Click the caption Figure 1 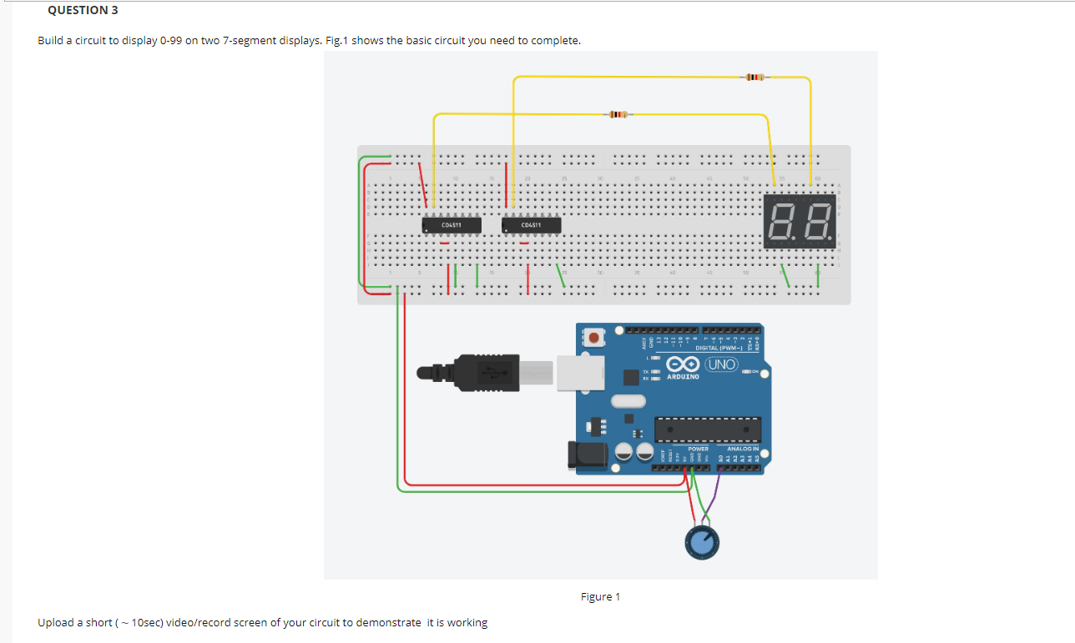[x=600, y=596]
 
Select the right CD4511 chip [x=531, y=225]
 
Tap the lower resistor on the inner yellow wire [x=616, y=114]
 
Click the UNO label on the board [x=722, y=365]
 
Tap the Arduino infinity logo [x=683, y=365]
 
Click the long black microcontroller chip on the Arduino [x=707, y=430]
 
